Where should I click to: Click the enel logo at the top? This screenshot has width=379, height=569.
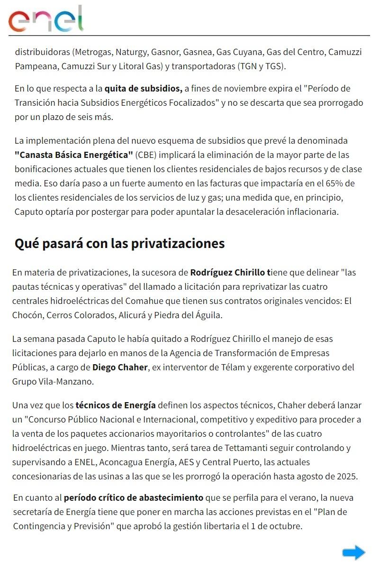click(45, 19)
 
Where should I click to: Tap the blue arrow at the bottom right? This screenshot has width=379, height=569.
click(353, 552)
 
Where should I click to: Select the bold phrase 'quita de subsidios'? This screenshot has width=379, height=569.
click(143, 88)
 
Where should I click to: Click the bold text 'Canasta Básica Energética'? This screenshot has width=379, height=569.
click(74, 155)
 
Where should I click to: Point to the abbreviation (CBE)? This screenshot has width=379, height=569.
click(147, 155)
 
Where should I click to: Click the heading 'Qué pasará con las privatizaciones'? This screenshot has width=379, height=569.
click(119, 243)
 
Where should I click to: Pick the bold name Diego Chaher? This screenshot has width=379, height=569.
click(120, 367)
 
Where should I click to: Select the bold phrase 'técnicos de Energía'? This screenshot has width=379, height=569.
click(116, 405)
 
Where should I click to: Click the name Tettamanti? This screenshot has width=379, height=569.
click(241, 448)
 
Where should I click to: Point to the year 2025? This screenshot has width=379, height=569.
click(347, 476)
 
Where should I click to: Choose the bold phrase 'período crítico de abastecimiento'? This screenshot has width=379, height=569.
click(134, 498)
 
